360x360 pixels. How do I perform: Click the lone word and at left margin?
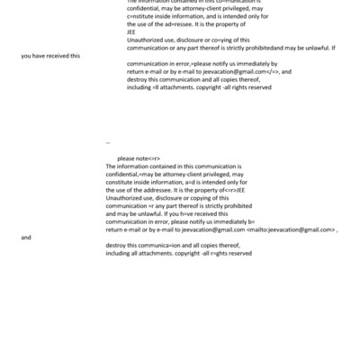[x=26, y=238]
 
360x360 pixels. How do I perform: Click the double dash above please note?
[x=107, y=143]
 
